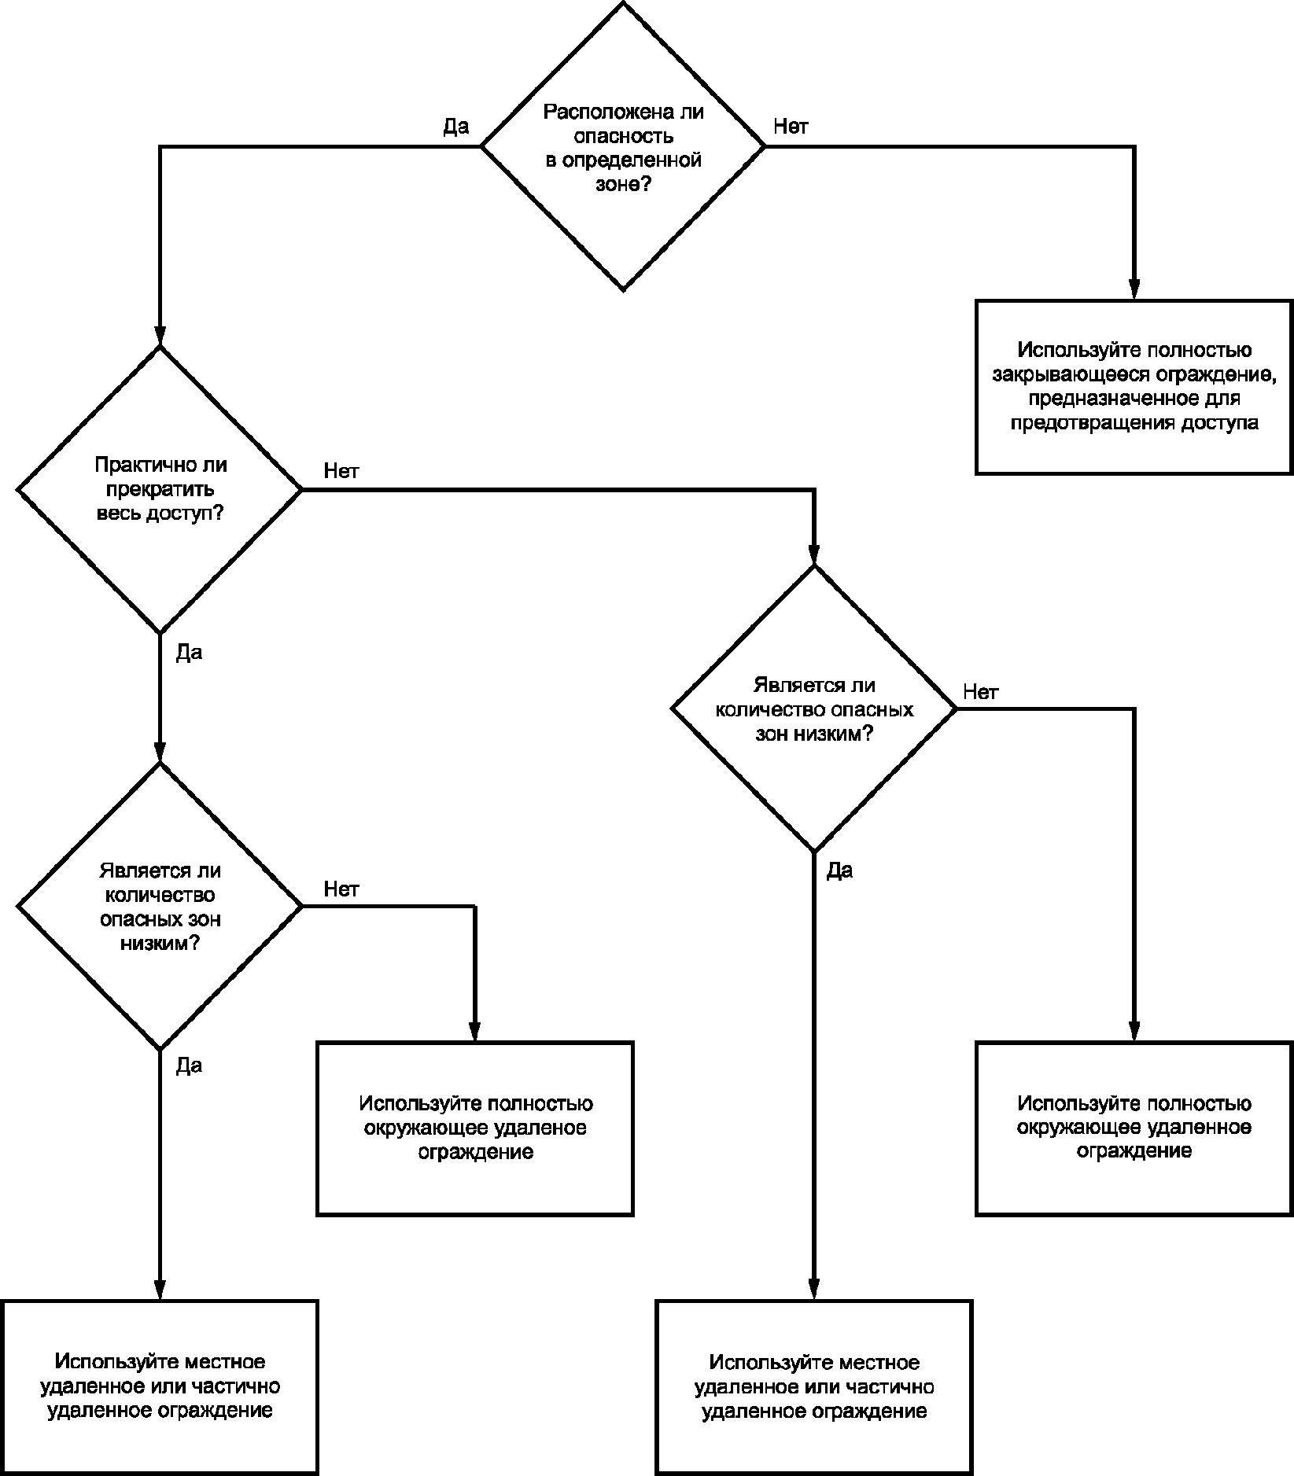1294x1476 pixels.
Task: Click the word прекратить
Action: (x=160, y=489)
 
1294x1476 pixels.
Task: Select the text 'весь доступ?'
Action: (x=160, y=513)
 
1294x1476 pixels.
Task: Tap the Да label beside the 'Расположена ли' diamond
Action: (x=456, y=126)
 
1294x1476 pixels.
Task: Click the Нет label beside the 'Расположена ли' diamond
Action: (x=791, y=126)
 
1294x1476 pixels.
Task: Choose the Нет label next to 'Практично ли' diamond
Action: (x=341, y=470)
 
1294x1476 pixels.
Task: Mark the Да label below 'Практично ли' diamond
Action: (x=190, y=652)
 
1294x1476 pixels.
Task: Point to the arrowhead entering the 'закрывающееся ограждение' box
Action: (x=1134, y=289)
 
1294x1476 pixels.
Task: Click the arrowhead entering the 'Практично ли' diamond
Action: (x=160, y=335)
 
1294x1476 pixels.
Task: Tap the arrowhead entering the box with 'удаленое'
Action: (x=475, y=1031)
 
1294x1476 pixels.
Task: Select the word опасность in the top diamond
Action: (x=623, y=136)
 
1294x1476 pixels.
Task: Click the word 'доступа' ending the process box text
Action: (x=1219, y=423)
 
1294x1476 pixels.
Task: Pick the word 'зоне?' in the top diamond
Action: (x=623, y=185)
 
